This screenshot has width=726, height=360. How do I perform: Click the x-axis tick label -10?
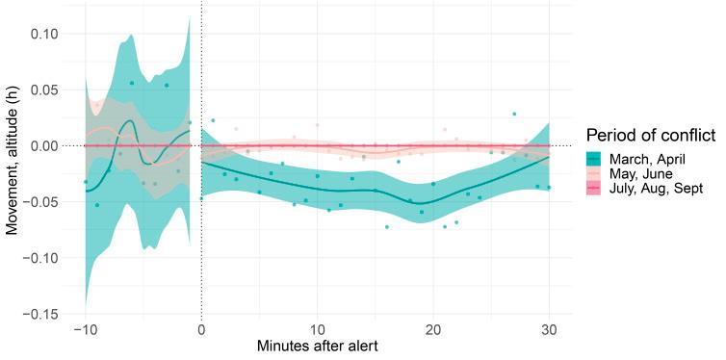[85, 331]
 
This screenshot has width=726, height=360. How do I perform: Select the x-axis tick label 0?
[201, 331]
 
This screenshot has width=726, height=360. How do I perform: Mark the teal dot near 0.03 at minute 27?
[514, 114]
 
